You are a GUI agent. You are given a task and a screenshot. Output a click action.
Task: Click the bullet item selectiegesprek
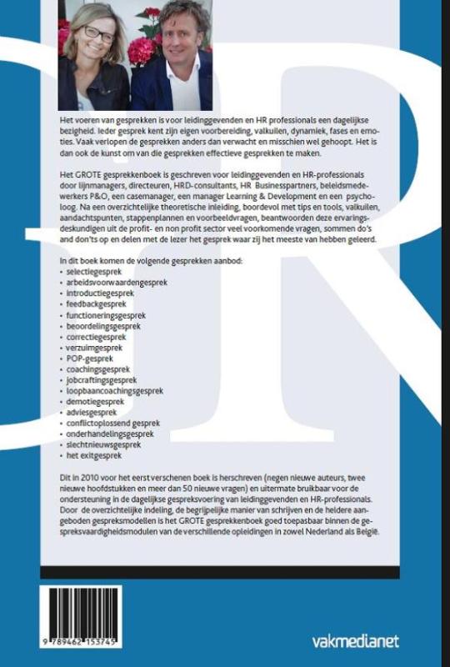[96, 272]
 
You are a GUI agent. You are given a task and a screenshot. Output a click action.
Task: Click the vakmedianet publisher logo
[354, 640]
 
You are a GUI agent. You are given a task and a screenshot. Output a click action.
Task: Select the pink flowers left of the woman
[64, 38]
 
